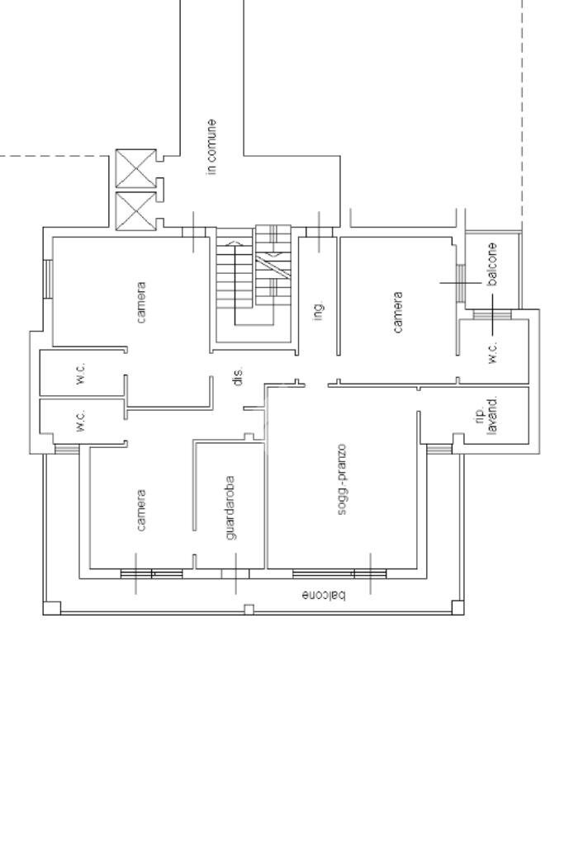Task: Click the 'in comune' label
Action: [211, 147]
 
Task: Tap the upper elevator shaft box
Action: [135, 168]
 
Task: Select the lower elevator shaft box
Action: [135, 211]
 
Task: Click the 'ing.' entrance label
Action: [319, 311]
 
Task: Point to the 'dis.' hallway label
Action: [238, 375]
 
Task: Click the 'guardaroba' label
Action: [230, 507]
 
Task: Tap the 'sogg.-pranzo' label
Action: [342, 479]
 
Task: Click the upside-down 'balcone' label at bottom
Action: [324, 596]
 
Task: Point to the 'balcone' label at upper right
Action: [492, 264]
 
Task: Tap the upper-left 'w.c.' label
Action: [81, 374]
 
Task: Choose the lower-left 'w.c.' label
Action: [81, 421]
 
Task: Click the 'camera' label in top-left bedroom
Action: [141, 303]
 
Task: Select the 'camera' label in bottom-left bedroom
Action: [141, 510]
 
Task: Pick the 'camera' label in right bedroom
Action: [398, 312]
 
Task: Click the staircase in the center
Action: [254, 284]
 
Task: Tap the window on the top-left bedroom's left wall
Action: [47, 279]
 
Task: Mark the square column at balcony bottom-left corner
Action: [52, 608]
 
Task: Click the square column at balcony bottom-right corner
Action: [457, 608]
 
